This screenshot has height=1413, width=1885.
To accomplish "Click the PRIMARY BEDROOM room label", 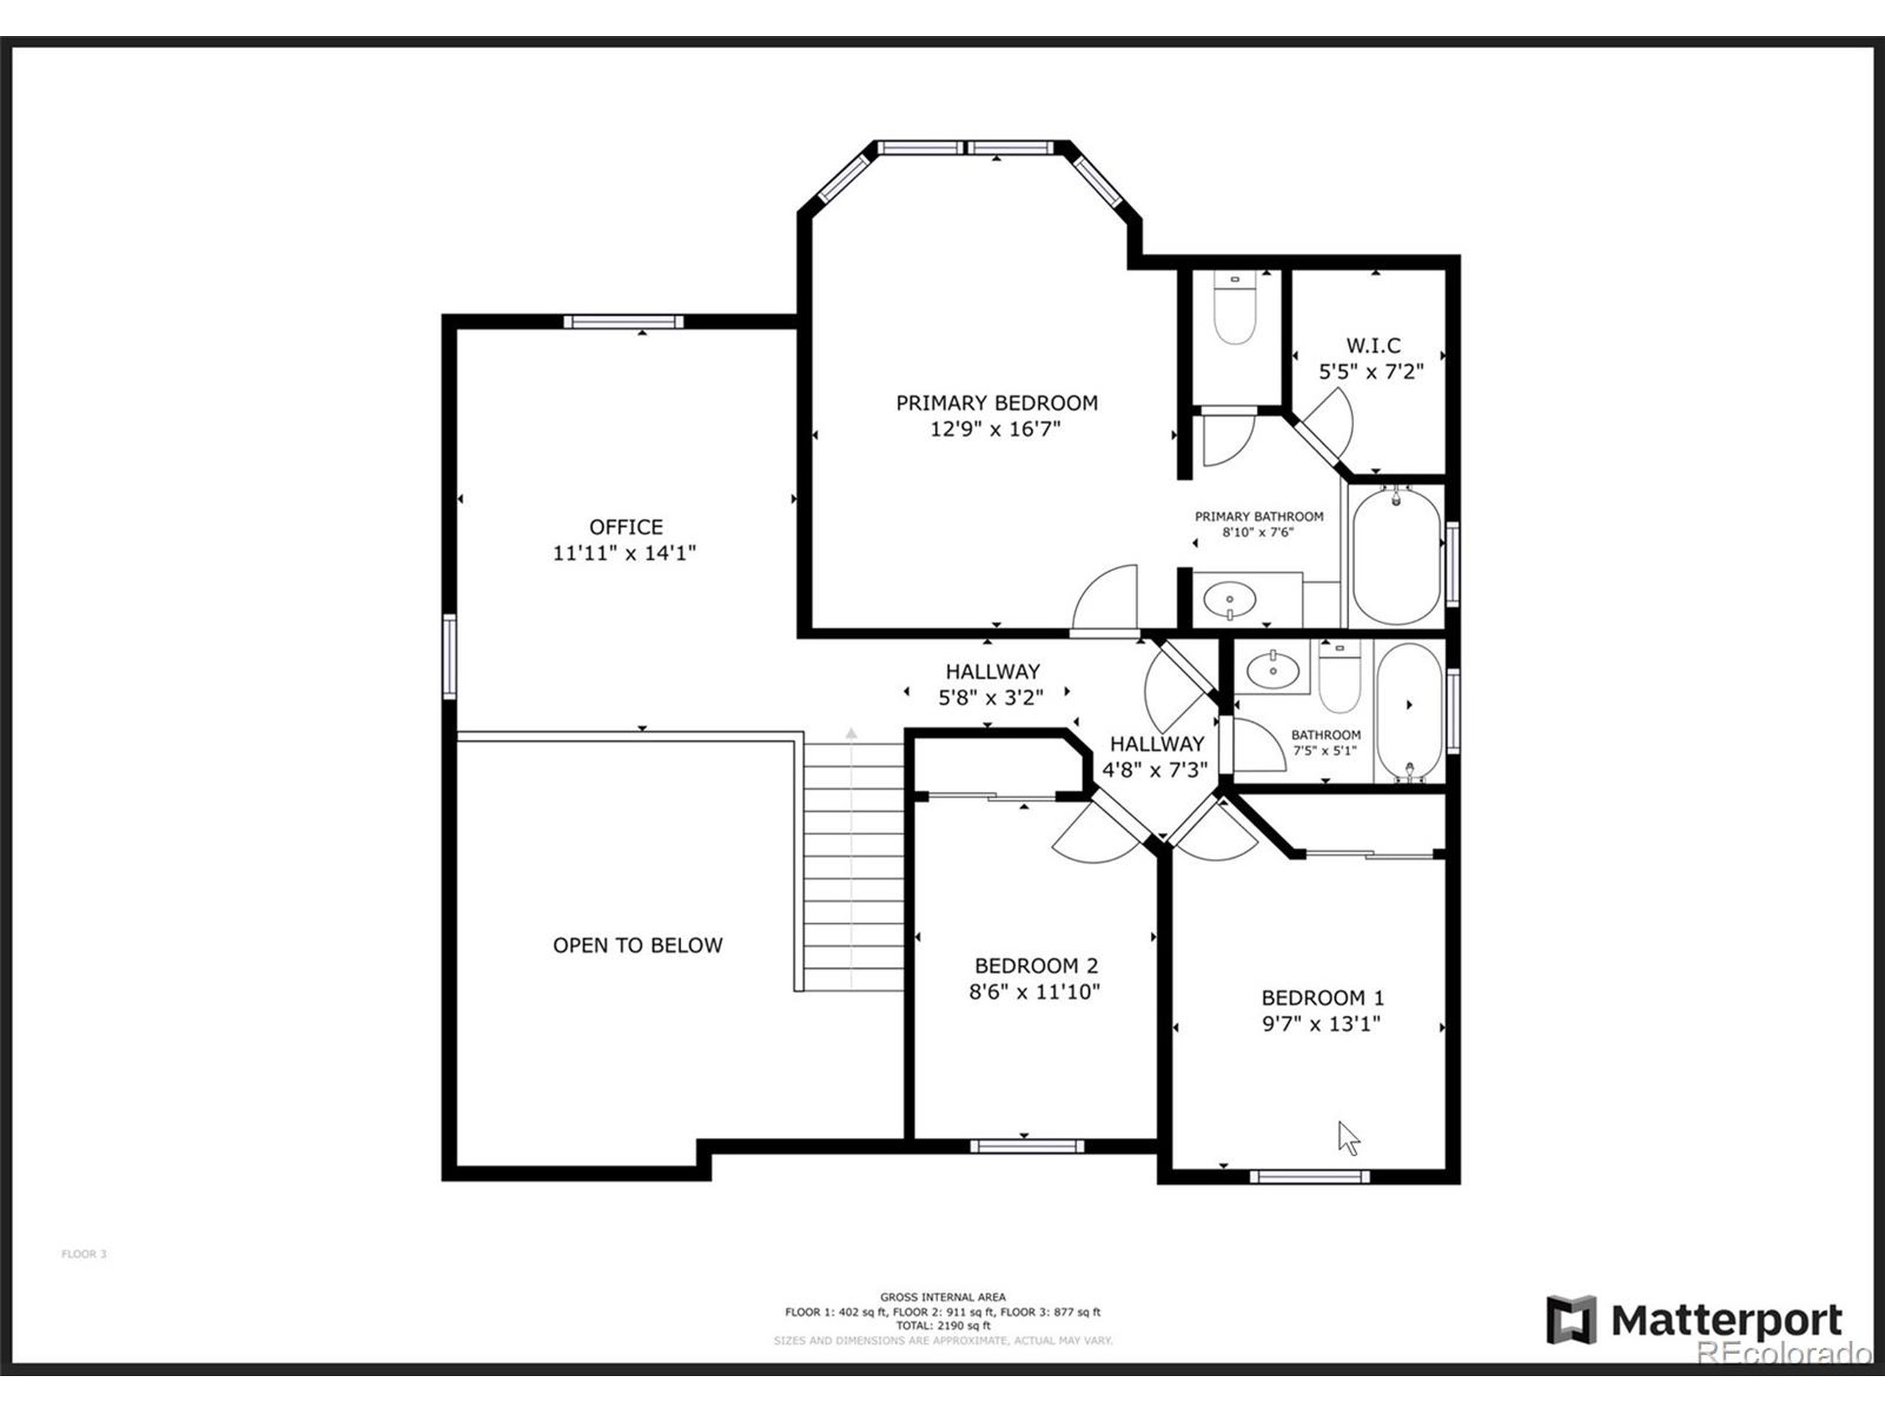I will pos(996,402).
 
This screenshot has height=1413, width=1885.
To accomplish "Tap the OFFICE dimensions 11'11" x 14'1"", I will pos(624,553).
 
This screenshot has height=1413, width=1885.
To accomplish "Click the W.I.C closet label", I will pos(1373,345).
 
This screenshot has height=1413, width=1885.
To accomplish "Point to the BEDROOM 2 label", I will pos(1035,965).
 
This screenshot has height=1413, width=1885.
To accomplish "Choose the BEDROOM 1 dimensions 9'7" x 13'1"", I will pos(1321,1024).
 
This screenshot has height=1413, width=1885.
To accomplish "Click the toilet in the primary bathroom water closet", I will pos(1235,313).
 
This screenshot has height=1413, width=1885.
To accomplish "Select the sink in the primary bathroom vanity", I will pos(1230,601).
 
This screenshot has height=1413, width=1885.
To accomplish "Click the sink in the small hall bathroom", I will pos(1273,670).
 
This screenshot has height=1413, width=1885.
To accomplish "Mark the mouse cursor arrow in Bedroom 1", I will pos(1348,1138).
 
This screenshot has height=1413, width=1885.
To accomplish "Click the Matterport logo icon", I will pos(1571,1322).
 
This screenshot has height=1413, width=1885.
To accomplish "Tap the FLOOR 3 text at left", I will pos(83,1254).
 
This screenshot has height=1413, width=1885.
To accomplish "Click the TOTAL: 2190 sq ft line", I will pos(942,1326).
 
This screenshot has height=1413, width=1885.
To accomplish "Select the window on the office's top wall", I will pos(623,321).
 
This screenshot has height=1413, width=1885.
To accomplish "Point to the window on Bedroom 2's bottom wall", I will pos(1027,1147).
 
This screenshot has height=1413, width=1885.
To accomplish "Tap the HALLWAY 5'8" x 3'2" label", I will pos(991,684).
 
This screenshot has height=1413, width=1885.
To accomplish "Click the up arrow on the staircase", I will pos(850,732).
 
